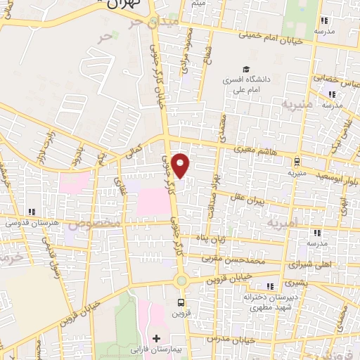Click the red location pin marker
point(181,165)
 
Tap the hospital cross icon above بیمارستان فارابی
point(155,338)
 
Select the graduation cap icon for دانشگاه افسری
point(245,69)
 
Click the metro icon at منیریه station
point(295,161)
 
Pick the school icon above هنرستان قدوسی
point(30,212)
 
